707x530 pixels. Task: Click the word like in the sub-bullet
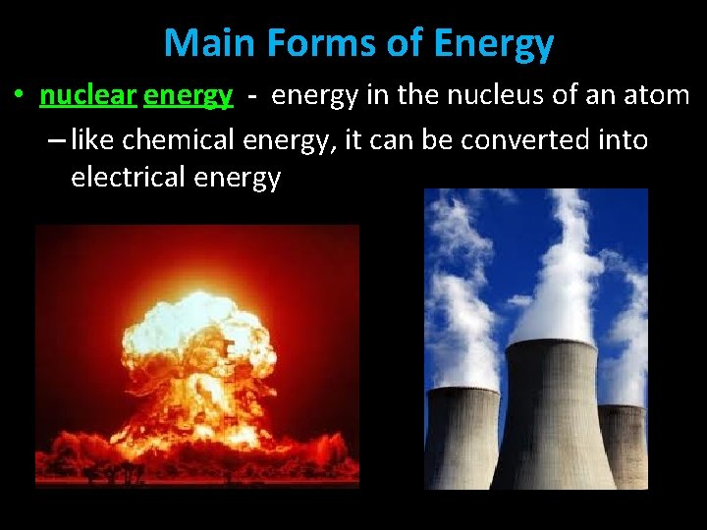(x=94, y=140)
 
